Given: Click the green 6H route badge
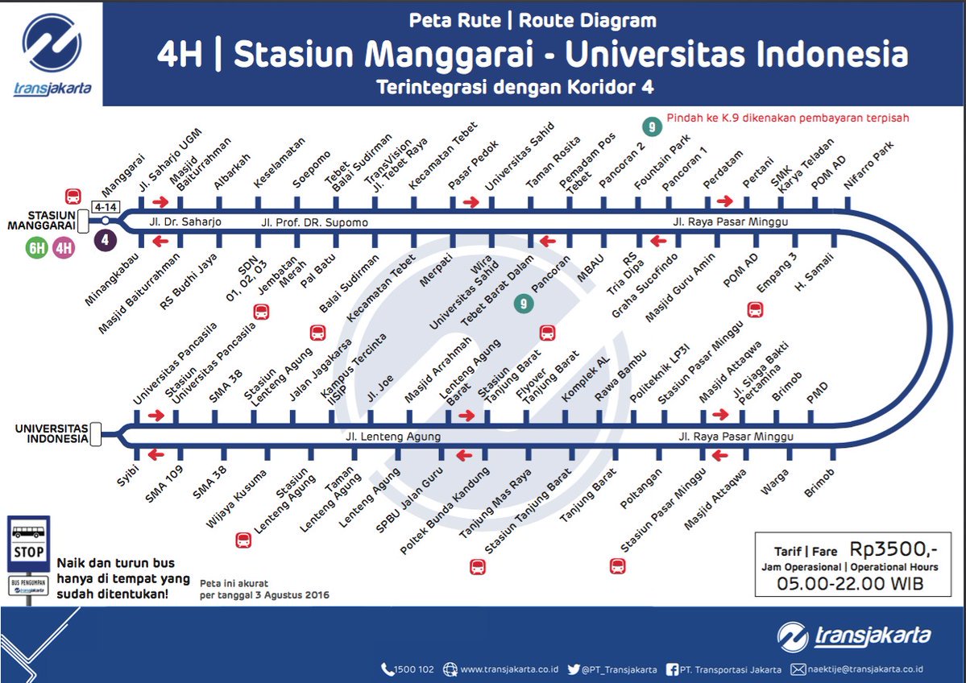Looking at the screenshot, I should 37,248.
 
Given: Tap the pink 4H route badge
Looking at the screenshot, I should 64,248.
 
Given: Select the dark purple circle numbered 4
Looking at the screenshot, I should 105,239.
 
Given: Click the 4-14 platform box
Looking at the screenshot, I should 106,207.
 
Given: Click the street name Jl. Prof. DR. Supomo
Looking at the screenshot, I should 314,221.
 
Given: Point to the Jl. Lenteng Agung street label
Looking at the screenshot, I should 392,437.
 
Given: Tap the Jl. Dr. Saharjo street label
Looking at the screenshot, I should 184,221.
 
